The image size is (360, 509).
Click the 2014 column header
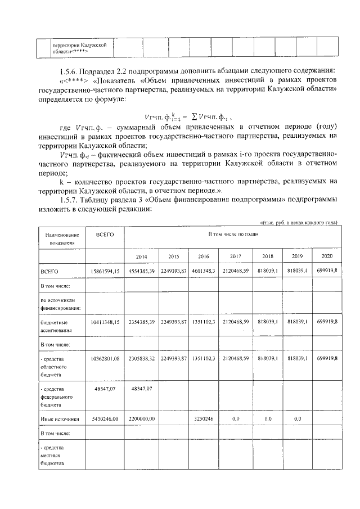(x=141, y=256)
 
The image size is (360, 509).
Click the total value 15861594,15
(x=105, y=271)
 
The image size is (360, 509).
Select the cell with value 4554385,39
(x=141, y=271)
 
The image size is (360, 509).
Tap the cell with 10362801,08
(x=105, y=358)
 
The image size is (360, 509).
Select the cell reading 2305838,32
(x=141, y=358)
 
